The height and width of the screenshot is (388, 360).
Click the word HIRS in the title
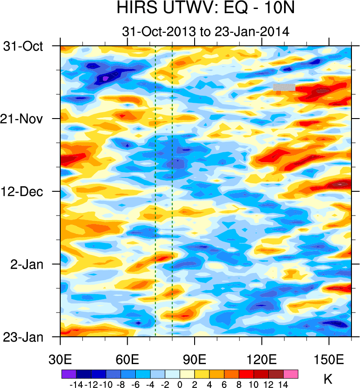[136, 8]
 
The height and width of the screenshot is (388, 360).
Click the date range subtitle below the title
[205, 31]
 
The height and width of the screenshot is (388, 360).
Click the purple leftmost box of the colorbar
[69, 374]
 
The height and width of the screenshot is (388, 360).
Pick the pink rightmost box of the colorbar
[291, 374]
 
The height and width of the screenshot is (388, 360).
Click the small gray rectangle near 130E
[284, 87]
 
